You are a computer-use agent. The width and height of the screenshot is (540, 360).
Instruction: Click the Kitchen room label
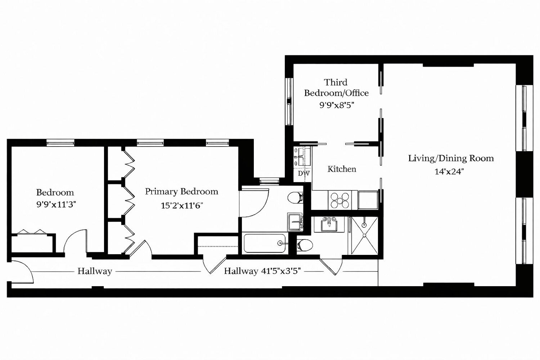342,169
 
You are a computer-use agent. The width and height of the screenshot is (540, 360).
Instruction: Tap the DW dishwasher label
303,174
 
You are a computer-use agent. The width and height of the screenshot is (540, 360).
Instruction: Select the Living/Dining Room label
451,158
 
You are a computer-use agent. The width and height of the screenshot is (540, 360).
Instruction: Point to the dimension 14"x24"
449,171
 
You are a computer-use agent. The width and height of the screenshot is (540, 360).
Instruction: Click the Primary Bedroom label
181,192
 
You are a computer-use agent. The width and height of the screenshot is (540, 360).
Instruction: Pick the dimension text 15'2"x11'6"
182,206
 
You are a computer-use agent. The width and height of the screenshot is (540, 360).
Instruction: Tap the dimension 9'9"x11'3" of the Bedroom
56,204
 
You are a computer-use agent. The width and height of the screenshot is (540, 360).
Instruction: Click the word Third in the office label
336,82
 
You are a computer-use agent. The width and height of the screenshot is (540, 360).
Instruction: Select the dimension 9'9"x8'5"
337,105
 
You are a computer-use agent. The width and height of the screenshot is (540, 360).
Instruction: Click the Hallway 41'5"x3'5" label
262,271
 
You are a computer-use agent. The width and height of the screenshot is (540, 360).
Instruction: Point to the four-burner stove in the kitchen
340,201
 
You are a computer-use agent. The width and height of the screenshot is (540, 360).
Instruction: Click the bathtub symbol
265,243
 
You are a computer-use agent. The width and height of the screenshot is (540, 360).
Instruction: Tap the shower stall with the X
364,235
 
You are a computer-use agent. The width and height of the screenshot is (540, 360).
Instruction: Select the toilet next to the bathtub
305,246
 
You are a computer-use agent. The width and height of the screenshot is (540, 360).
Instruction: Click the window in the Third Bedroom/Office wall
289,101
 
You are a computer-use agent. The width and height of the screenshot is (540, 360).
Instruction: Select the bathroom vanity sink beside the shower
329,224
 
